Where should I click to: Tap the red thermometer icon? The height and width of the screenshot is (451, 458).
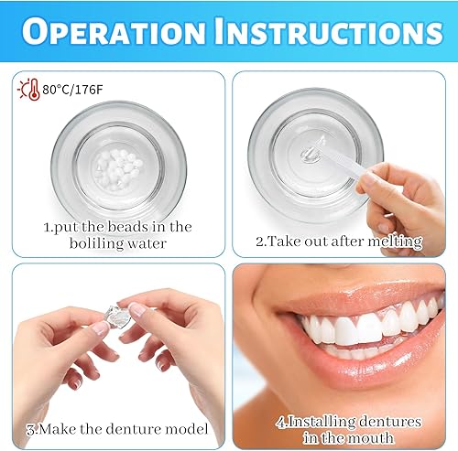coord(21,90)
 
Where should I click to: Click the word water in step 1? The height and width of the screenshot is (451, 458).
coord(147,244)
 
